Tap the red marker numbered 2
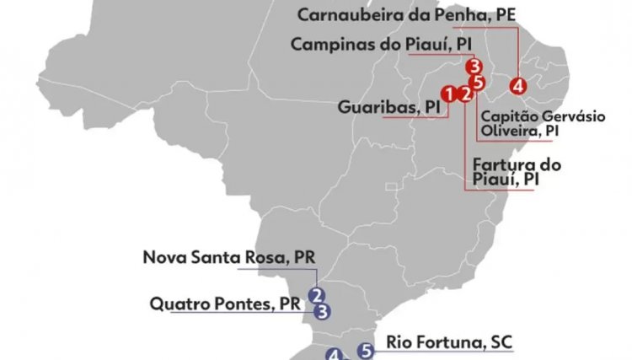click(x=464, y=94)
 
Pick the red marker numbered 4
click(x=517, y=84)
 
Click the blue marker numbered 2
click(x=317, y=295)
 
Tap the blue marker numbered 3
click(x=323, y=311)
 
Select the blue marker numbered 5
click(x=365, y=350)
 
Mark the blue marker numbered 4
click(x=335, y=355)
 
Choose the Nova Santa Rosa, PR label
click(x=228, y=257)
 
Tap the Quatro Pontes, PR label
click(x=226, y=303)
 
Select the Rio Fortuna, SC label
click(x=449, y=342)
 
